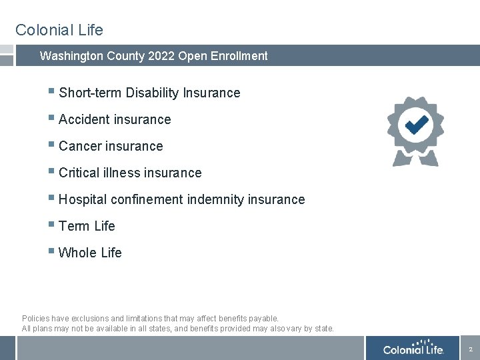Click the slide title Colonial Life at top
59,30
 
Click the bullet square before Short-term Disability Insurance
51,91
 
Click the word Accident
84,119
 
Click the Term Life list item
87,226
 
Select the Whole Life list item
90,253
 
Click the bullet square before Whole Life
51,251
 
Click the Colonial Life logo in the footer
413,348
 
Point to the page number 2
470,349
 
